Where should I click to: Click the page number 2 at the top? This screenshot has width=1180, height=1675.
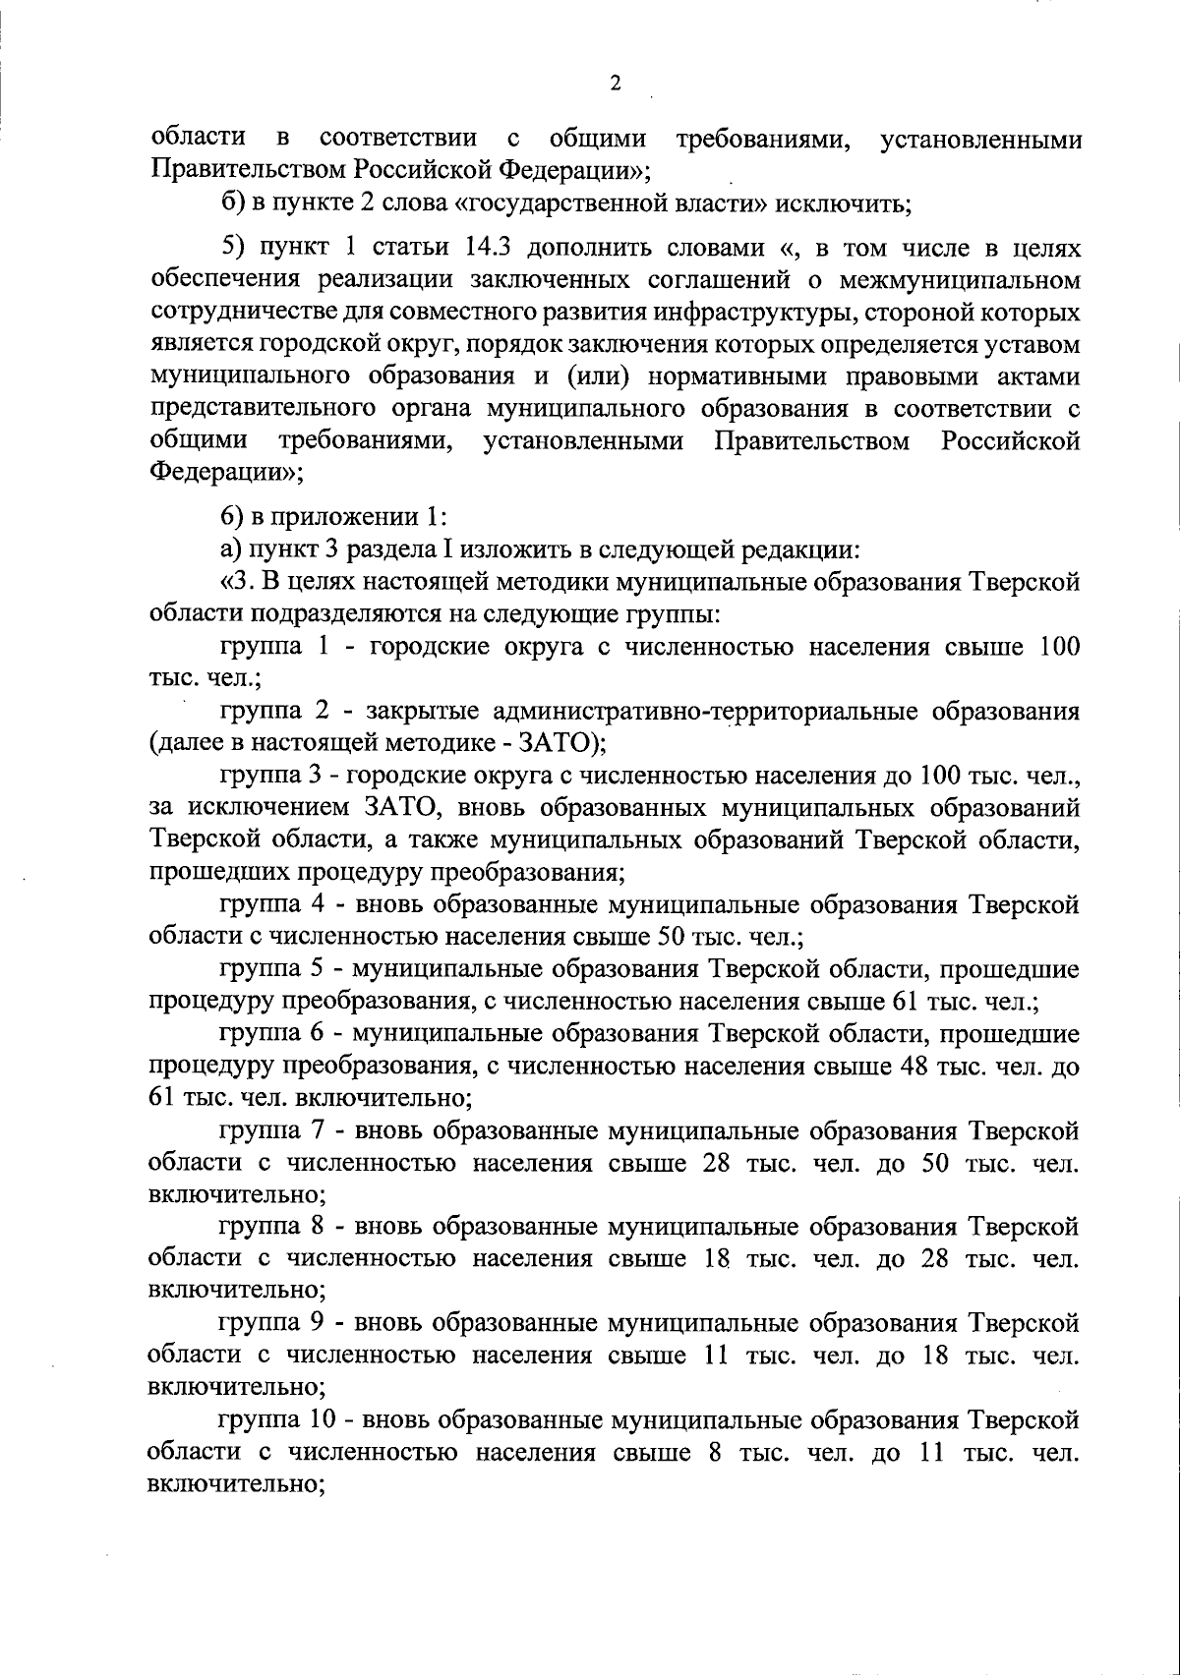click(616, 84)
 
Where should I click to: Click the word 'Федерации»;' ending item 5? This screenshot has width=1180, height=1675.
click(225, 472)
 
